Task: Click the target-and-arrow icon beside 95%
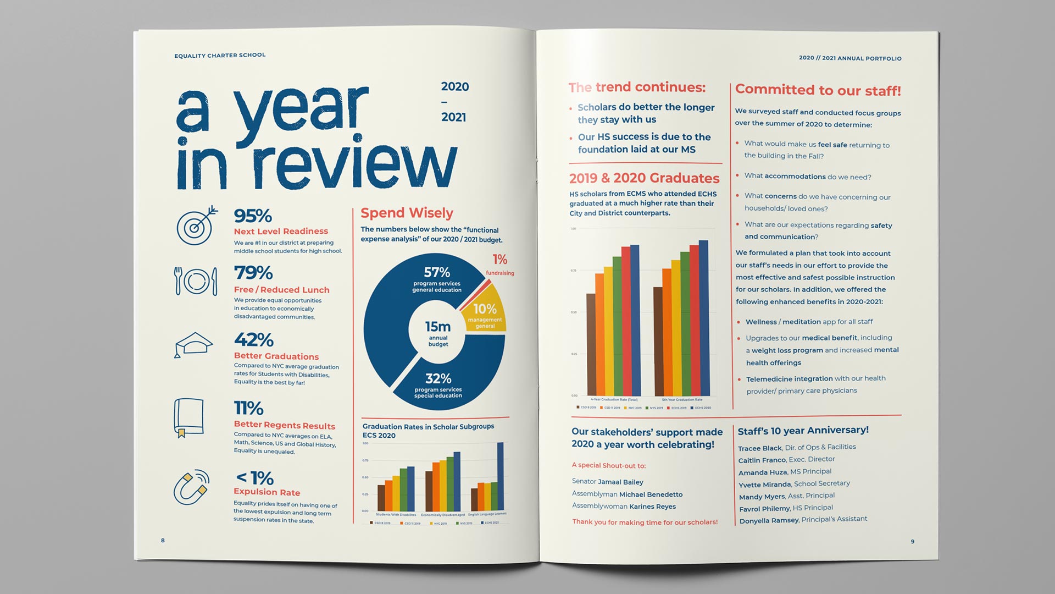196,226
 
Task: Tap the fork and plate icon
196,281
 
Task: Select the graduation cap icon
193,345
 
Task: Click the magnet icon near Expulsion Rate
192,486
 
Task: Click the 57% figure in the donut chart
437,272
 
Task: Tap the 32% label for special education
438,378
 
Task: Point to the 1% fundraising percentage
499,260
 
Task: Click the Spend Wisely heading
407,213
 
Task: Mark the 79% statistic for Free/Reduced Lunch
253,272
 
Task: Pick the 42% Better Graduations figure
253,339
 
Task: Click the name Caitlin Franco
762,460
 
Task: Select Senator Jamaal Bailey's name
607,482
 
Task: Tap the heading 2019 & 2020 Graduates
644,178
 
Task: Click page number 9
912,542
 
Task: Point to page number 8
163,540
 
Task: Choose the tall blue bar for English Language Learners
500,476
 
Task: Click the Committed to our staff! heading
818,90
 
